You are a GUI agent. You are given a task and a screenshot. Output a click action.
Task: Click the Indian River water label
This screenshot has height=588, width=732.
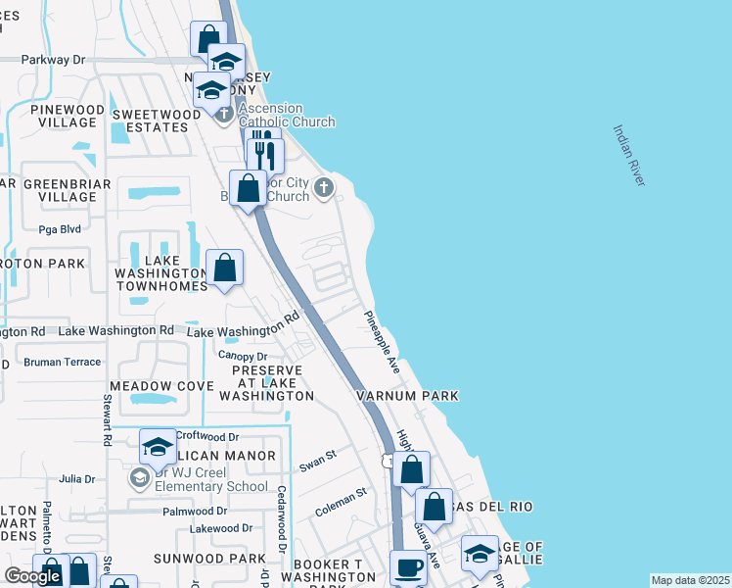click(x=629, y=155)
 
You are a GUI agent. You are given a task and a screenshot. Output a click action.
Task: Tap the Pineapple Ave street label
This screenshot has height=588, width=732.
click(x=383, y=343)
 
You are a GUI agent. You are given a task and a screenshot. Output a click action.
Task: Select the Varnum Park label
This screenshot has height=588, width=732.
click(x=407, y=396)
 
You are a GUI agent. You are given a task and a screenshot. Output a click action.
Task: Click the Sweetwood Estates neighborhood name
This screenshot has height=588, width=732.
click(x=150, y=121)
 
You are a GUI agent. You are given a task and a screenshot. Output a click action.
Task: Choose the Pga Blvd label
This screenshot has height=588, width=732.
click(x=59, y=229)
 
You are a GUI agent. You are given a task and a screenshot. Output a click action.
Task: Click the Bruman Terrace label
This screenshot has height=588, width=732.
click(x=62, y=362)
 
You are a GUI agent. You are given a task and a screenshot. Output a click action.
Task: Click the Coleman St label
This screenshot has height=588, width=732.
click(x=340, y=503)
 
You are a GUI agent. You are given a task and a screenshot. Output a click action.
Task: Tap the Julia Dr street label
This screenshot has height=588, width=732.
click(x=76, y=479)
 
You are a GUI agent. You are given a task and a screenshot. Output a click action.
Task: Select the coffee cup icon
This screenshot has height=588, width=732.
click(x=407, y=566)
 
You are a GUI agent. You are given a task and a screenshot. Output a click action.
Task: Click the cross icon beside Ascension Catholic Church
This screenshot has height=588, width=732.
click(x=224, y=115)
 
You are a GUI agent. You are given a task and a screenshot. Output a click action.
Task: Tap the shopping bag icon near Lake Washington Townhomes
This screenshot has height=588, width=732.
click(x=225, y=268)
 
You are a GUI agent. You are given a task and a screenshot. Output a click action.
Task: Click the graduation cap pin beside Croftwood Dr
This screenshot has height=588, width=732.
click(x=158, y=448)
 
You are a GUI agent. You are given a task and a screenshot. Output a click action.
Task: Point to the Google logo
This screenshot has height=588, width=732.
click(x=32, y=576)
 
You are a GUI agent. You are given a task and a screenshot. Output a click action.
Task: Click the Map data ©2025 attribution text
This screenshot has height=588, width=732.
click(x=690, y=580)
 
